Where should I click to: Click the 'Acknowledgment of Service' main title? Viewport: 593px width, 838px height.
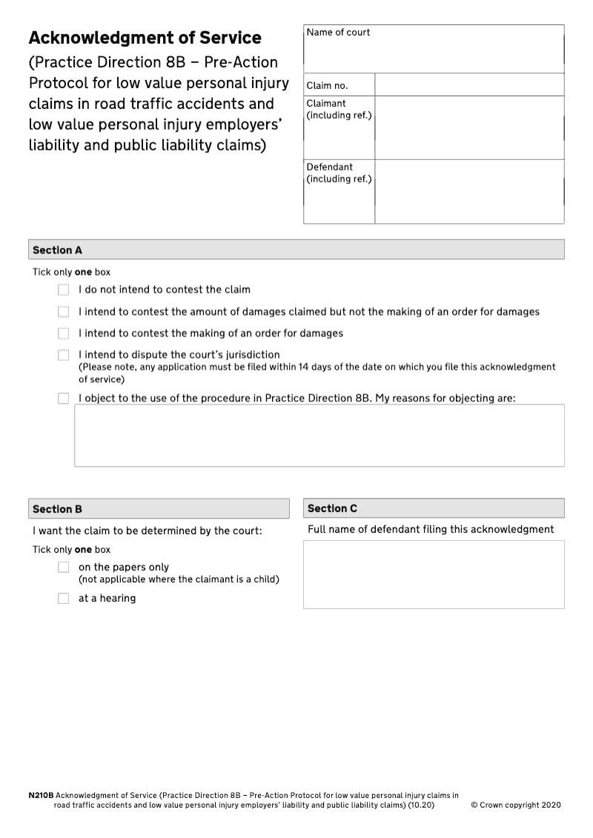tap(145, 38)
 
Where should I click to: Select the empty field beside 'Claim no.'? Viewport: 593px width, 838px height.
tap(468, 85)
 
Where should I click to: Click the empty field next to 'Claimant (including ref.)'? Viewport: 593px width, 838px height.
tap(468, 127)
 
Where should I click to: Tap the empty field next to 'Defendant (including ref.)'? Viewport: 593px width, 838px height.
tap(468, 191)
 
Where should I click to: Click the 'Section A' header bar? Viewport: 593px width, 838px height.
tap(296, 250)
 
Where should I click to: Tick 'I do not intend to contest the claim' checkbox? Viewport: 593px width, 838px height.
tap(64, 290)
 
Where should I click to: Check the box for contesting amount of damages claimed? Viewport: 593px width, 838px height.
tap(64, 312)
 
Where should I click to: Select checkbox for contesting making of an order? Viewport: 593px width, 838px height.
tap(64, 333)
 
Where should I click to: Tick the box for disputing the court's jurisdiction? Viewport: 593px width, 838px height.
tap(64, 356)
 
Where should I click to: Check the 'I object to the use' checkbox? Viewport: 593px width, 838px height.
tap(64, 399)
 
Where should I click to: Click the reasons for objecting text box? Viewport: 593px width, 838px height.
tap(319, 436)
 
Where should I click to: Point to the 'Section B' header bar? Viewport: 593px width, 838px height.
tap(159, 509)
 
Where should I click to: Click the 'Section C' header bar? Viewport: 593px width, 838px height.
tap(434, 508)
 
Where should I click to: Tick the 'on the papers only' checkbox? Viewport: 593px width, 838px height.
tap(64, 568)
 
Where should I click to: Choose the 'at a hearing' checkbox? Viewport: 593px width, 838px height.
tap(64, 599)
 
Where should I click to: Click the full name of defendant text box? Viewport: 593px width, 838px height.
tap(434, 574)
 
